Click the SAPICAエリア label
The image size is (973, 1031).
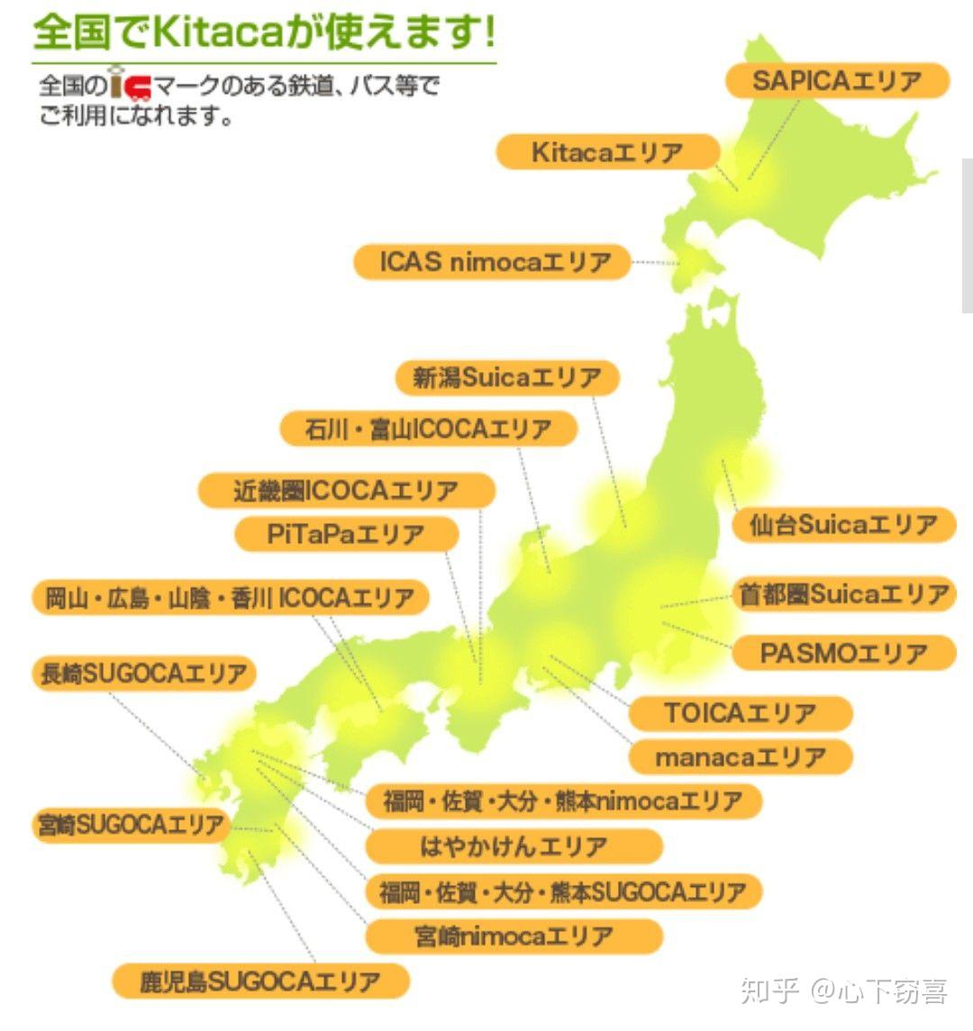click(x=837, y=81)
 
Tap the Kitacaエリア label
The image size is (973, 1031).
click(x=607, y=152)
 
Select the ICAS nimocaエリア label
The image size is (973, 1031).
click(x=493, y=262)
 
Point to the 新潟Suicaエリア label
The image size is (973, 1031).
click(x=507, y=377)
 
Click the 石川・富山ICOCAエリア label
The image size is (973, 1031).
click(x=428, y=429)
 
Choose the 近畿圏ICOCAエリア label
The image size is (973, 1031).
click(x=346, y=491)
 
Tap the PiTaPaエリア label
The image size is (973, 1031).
click(x=346, y=534)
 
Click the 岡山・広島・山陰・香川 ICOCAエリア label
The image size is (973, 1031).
click(x=230, y=598)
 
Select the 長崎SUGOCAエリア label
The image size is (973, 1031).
click(x=143, y=674)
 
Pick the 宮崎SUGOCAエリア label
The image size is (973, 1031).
click(x=132, y=825)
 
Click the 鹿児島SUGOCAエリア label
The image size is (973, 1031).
click(x=260, y=981)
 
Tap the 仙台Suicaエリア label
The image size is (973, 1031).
click(x=843, y=524)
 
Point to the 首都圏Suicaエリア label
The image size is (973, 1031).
click(x=843, y=594)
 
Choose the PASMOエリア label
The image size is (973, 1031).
click(x=843, y=653)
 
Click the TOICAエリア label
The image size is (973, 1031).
click(x=740, y=713)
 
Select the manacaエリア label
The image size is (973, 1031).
click(x=740, y=757)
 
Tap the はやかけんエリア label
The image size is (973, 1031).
click(x=514, y=846)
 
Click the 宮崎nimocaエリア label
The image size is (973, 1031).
click(x=514, y=936)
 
